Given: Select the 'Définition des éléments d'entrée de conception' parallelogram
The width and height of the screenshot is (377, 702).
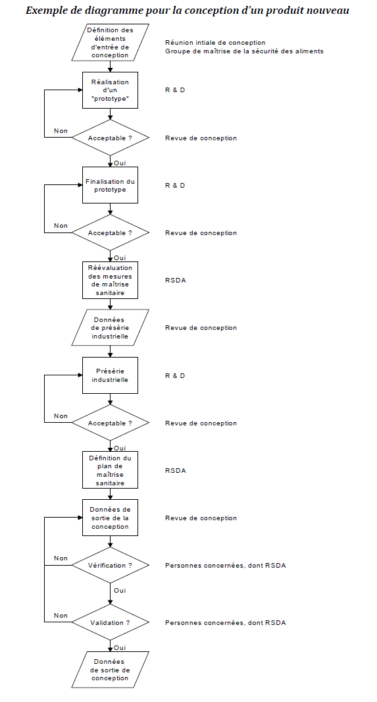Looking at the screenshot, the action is [110, 43].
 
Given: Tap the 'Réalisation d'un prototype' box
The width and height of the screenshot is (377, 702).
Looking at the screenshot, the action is [110, 90].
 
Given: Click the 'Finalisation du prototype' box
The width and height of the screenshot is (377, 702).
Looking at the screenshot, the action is [110, 185].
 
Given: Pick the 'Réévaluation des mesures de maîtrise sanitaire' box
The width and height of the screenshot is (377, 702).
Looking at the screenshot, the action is [110, 281].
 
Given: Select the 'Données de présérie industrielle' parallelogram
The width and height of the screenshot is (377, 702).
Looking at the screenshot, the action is [110, 327].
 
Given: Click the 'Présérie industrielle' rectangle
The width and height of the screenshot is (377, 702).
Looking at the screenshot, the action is [110, 375].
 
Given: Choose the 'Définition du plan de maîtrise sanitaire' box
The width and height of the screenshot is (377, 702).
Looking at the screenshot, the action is [110, 470].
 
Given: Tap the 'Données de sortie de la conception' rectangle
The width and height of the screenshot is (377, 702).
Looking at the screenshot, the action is [110, 518].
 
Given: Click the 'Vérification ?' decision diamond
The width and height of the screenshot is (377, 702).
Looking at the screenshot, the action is [110, 565].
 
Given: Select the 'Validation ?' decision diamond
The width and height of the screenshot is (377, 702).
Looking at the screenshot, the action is [110, 622].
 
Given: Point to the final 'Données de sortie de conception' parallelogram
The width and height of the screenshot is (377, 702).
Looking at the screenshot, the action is [110, 670].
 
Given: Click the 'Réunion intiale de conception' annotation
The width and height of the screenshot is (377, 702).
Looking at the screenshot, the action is [215, 43].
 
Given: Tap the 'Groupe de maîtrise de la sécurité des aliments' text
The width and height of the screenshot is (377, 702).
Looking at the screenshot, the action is [244, 51].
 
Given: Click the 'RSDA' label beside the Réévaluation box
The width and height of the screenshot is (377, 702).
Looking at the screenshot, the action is [175, 281].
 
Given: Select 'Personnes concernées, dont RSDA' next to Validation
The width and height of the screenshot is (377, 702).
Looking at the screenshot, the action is [226, 622].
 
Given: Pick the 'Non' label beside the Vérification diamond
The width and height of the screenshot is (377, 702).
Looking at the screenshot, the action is [61, 558].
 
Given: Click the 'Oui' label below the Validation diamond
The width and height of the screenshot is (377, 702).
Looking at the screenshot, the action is [119, 647].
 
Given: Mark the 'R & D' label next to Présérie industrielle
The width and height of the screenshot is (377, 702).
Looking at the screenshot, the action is [175, 375].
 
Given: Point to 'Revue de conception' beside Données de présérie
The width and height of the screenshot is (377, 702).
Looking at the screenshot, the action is [201, 328].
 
